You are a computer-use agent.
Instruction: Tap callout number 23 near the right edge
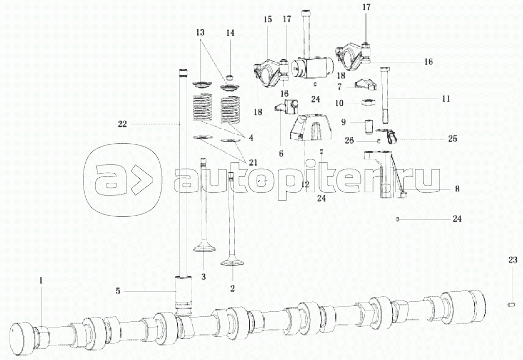(x=512, y=259)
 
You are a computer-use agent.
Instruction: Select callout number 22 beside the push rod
(x=123, y=124)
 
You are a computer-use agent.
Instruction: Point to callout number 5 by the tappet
(x=118, y=290)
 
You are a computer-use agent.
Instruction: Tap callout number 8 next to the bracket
(x=457, y=189)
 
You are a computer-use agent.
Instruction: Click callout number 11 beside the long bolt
(x=446, y=99)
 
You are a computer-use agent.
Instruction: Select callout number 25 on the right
(x=452, y=139)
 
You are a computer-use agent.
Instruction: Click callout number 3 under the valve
(x=203, y=276)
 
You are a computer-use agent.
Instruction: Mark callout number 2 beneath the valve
(x=232, y=288)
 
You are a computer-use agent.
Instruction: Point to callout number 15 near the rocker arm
(x=267, y=20)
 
